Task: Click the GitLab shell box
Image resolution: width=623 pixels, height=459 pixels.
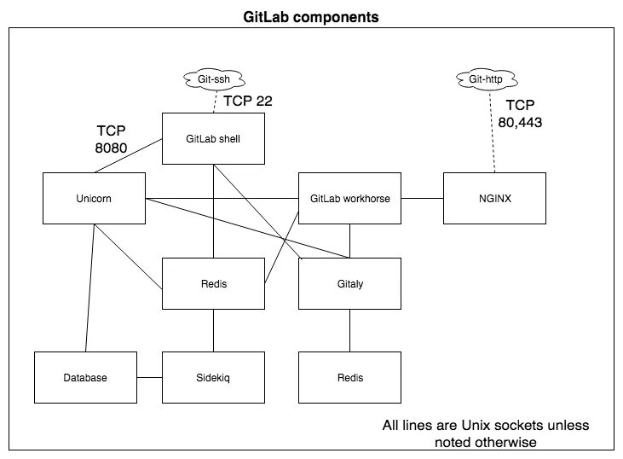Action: [x=213, y=138]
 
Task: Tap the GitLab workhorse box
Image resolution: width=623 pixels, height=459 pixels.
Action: [x=349, y=199]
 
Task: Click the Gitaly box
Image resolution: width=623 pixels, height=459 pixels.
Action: [x=349, y=282]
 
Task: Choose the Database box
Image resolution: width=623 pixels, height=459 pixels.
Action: [x=85, y=377]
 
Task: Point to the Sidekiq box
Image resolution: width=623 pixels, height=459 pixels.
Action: [x=213, y=377]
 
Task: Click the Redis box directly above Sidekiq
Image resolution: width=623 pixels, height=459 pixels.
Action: [x=213, y=282]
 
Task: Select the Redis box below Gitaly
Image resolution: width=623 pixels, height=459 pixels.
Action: [x=349, y=377]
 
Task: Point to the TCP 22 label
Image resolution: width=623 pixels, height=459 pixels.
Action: [x=247, y=102]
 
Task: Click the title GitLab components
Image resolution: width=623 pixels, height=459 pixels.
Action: [x=312, y=15]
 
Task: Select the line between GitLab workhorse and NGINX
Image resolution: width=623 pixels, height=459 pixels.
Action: [x=422, y=199]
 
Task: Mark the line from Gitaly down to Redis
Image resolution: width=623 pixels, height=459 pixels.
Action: [x=349, y=329]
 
